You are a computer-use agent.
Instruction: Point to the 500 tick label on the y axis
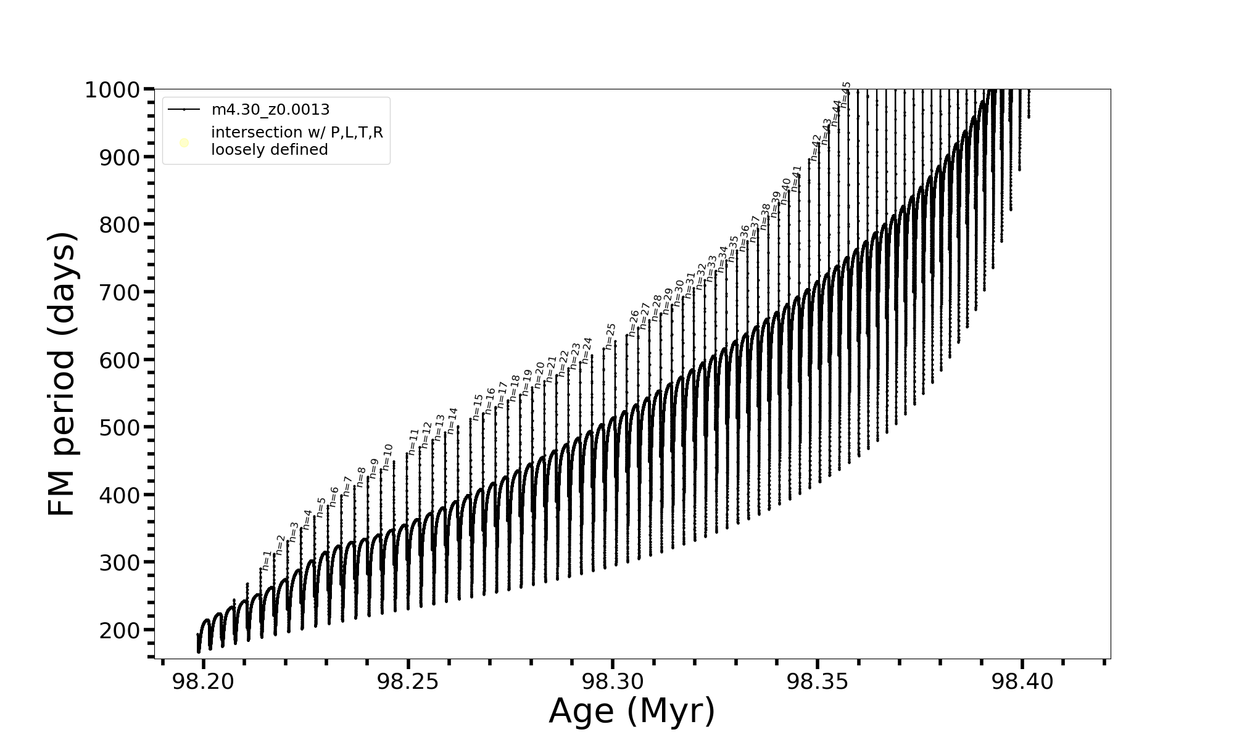(119, 427)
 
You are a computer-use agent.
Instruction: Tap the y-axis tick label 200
(119, 630)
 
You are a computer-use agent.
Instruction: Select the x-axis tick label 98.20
(203, 682)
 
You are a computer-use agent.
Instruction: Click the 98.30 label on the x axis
(613, 682)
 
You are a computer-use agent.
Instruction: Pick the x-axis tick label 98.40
(1022, 682)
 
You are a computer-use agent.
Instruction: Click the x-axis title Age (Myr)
(632, 711)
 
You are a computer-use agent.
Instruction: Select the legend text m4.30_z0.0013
(270, 110)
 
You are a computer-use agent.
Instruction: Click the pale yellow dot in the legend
(184, 143)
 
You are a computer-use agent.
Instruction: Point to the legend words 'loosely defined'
(269, 150)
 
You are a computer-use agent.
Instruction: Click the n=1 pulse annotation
(266, 561)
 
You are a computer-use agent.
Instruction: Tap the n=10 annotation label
(387, 457)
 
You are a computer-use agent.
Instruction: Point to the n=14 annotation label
(452, 421)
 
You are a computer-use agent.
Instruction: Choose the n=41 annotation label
(796, 179)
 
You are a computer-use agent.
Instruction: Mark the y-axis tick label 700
(119, 292)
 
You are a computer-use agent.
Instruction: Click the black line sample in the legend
(184, 110)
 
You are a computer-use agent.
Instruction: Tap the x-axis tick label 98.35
(818, 682)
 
